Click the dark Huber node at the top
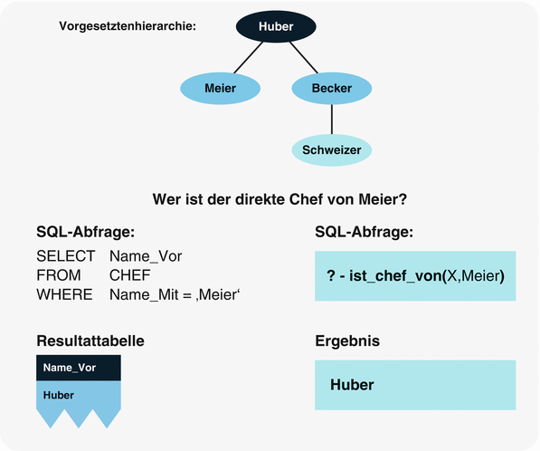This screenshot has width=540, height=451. [275, 26]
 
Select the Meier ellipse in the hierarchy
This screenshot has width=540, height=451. [221, 88]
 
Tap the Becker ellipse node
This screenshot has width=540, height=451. [331, 88]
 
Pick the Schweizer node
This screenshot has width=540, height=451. [331, 149]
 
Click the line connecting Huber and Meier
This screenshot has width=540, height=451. [247, 58]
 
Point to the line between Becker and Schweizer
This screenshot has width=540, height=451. [331, 119]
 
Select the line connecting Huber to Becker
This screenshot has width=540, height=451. [304, 58]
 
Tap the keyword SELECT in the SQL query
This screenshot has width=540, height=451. [64, 256]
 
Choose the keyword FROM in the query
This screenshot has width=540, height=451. [58, 275]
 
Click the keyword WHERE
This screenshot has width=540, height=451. [64, 294]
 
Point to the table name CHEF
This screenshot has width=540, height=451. [129, 275]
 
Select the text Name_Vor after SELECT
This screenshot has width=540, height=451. [146, 256]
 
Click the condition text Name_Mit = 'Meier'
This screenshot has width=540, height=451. [179, 294]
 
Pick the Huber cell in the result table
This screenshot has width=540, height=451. [59, 395]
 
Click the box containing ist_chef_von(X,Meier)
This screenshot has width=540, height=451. [414, 274]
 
